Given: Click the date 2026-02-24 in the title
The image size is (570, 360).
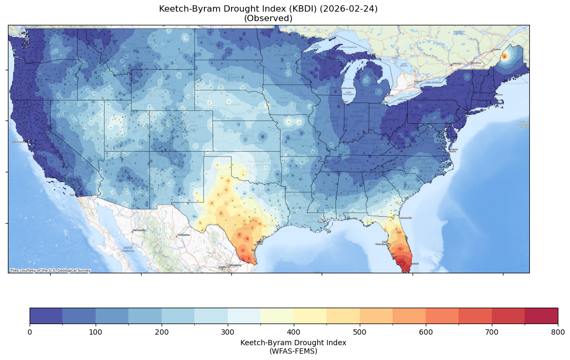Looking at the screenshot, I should click(350, 9).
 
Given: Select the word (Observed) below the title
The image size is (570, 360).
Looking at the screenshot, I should click(268, 19).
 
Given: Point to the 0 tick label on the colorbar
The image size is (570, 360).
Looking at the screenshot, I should click(30, 331).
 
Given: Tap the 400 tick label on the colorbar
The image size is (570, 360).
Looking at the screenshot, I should click(294, 331).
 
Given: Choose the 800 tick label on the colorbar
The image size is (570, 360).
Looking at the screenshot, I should click(558, 331).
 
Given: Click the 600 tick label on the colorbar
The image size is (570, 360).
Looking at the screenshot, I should click(426, 331).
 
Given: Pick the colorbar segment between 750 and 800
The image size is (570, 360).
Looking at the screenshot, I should click(541, 316).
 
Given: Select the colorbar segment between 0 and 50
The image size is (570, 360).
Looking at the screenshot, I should click(46, 316).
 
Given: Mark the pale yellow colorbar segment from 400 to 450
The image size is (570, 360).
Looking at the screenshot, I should click(310, 316).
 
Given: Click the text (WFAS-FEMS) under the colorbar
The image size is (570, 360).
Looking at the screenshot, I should click(293, 350).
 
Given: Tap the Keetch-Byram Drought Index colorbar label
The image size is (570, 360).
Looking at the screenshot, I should click(293, 343).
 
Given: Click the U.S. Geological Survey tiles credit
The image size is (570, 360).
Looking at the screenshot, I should click(50, 271).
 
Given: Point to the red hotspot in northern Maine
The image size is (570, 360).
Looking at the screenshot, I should click(504, 56).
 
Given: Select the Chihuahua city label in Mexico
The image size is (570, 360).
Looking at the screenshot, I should click(183, 235).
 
